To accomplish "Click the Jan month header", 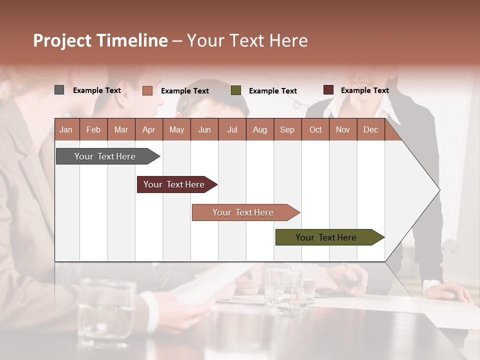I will click(x=66, y=129).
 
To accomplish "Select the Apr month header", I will click(x=148, y=129).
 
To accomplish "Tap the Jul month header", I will click(x=232, y=129).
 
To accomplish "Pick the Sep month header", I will click(x=287, y=129).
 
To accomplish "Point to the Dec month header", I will click(x=370, y=129).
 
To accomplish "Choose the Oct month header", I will click(x=315, y=129).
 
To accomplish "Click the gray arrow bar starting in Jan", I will click(x=105, y=156).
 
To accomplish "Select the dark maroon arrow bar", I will click(x=174, y=184).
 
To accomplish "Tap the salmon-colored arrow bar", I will click(x=243, y=212).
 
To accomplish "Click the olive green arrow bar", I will click(x=326, y=237).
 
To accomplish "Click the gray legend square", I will click(x=59, y=90).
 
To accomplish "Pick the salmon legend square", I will click(x=147, y=90).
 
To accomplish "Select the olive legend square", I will click(x=236, y=90).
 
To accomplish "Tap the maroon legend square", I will click(x=328, y=90).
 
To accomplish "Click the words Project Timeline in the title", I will click(x=100, y=40).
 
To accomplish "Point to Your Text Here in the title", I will click(x=247, y=40).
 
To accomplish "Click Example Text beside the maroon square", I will click(x=364, y=90).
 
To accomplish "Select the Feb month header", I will click(x=93, y=129).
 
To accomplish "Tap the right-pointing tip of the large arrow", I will click(x=437, y=190).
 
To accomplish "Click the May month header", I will click(x=176, y=129).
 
